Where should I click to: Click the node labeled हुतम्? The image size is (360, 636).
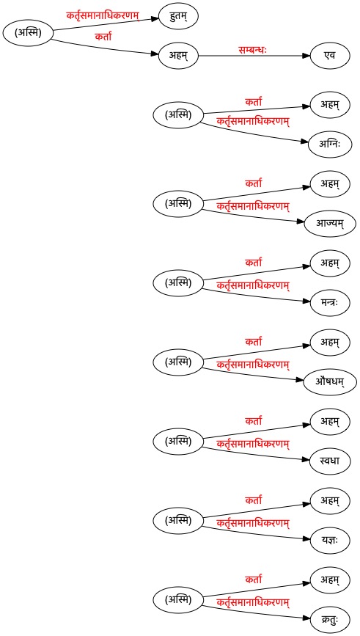pos(178,17)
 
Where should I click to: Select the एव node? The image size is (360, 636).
pos(330,56)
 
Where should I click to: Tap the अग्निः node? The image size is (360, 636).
pos(329,144)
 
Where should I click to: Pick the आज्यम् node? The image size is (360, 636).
pos(330,223)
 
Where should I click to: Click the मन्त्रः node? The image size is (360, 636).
pos(329,302)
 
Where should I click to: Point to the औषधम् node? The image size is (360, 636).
pos(330,382)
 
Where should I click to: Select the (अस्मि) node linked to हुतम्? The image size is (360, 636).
pos(28,34)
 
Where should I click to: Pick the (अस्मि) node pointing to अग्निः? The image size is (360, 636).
pos(178,116)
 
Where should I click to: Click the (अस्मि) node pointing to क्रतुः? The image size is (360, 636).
pos(178,600)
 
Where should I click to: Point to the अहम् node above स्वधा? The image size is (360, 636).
pos(329,423)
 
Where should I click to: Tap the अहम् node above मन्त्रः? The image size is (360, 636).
pos(329,263)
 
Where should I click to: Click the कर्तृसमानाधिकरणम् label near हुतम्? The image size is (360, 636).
pos(103,17)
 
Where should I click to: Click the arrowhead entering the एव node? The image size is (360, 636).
pos(307,56)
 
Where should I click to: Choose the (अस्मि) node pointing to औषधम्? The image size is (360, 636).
pos(178,362)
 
